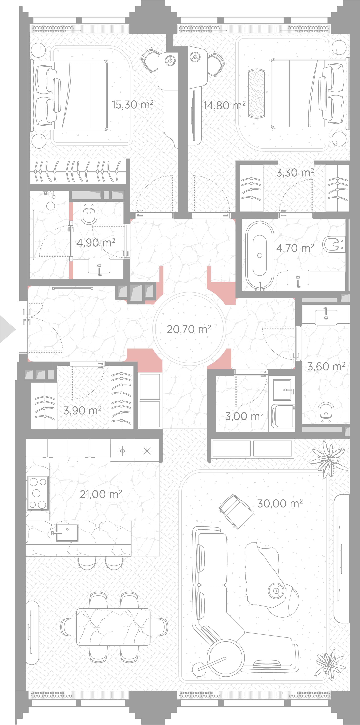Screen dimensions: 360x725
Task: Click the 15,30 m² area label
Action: tap(133, 105)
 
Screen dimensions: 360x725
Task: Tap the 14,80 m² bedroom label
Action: tap(224, 106)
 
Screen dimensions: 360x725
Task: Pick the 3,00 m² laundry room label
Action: tap(244, 416)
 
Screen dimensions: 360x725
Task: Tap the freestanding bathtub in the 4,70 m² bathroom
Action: tap(259, 256)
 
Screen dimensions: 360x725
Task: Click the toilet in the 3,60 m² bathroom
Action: tap(326, 413)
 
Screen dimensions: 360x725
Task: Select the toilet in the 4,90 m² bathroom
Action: tap(89, 213)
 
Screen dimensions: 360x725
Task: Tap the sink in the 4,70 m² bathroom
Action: tap(298, 277)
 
